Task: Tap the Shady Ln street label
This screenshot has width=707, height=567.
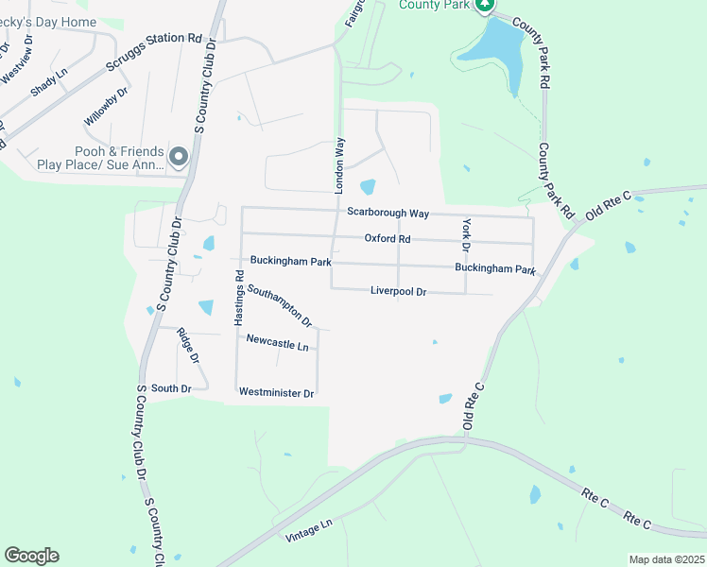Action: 49,81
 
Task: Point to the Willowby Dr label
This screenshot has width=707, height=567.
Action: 105,106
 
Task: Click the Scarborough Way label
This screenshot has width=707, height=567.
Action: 388,213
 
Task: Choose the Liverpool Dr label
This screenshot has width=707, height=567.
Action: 399,291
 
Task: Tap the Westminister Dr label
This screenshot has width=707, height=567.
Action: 276,391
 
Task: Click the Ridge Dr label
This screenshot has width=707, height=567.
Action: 188,345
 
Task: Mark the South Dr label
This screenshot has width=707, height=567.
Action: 171,388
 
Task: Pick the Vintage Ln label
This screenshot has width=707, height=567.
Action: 309,530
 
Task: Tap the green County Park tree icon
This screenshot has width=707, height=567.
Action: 485,5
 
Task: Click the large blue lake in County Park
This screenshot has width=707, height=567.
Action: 500,52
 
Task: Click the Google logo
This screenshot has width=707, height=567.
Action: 31,556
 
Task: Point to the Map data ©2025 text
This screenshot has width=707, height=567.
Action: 665,559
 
